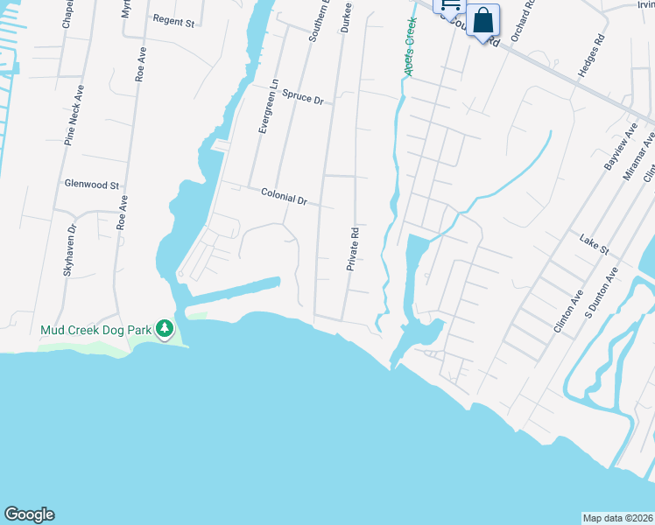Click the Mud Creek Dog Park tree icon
click(165, 330)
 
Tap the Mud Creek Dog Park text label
click(96, 331)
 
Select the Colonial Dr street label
click(284, 197)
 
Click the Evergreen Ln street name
click(268, 108)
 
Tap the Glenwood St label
click(92, 185)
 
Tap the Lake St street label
click(594, 243)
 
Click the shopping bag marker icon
click(482, 19)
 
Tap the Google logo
click(29, 514)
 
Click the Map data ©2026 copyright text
click(617, 518)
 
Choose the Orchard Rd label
click(527, 17)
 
